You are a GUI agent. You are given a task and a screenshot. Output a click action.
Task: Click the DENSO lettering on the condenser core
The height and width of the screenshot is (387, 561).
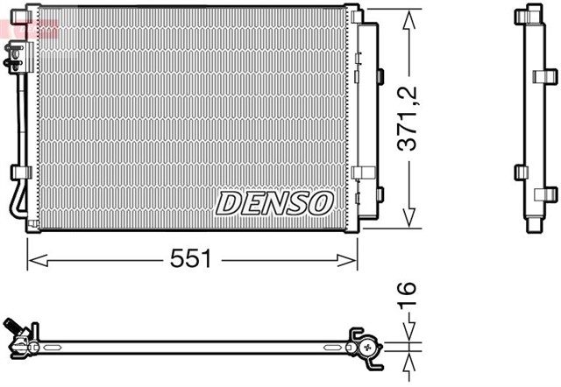click(274, 202)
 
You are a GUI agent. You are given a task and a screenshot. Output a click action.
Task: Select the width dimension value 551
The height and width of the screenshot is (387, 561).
click(192, 258)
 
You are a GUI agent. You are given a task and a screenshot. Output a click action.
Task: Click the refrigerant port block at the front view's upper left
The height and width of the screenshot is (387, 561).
click(16, 58)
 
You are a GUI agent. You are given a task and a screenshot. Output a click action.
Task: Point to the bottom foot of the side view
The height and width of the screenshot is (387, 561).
click(534, 227)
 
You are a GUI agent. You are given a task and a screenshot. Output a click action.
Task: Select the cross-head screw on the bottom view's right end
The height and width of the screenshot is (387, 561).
click(366, 349)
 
